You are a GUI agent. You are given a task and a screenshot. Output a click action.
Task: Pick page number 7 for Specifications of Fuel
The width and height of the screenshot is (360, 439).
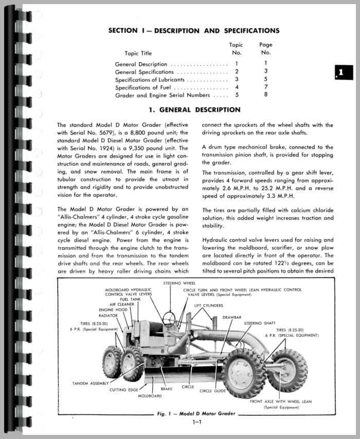266,87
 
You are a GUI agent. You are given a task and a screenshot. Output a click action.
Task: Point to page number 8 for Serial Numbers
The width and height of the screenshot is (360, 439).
266,95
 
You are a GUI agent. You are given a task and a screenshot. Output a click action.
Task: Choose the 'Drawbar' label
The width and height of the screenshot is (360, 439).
232,317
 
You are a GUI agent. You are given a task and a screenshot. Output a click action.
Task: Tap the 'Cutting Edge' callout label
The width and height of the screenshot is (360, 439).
125,390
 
